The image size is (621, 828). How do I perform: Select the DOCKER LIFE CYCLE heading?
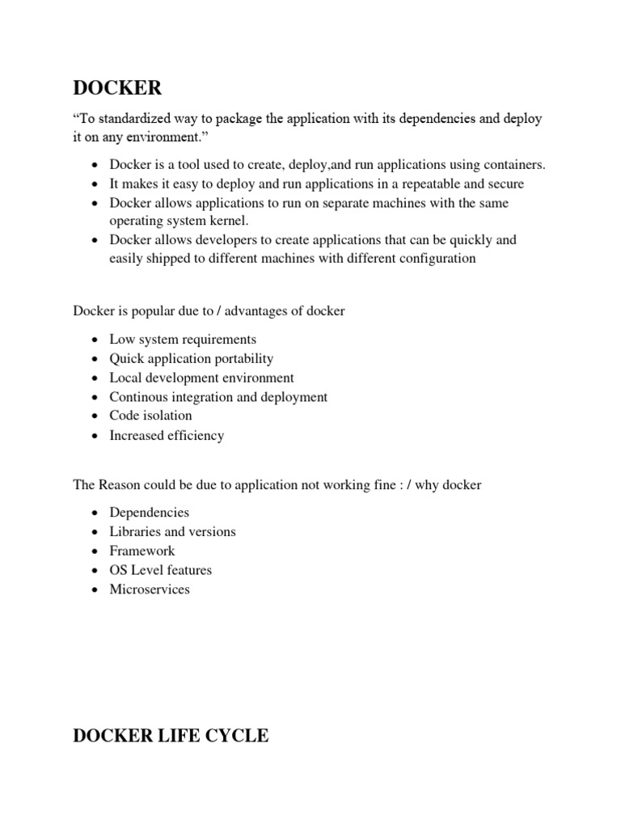[x=171, y=737]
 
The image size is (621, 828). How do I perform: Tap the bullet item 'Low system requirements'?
[x=183, y=340]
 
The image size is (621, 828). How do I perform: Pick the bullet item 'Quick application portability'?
[x=192, y=359]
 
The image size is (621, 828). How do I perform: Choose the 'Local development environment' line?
[x=202, y=378]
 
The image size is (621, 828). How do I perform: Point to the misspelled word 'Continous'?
[x=138, y=397]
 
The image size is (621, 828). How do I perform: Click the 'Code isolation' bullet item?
[x=151, y=416]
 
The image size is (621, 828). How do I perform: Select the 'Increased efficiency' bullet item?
[x=167, y=435]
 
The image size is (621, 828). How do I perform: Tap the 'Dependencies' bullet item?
[x=150, y=513]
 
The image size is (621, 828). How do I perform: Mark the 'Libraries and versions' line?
[x=173, y=531]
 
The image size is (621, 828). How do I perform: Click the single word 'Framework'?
[x=142, y=551]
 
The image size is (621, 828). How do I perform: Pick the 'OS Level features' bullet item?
[x=161, y=570]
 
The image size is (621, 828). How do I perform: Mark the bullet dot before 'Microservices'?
[x=95, y=590]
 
